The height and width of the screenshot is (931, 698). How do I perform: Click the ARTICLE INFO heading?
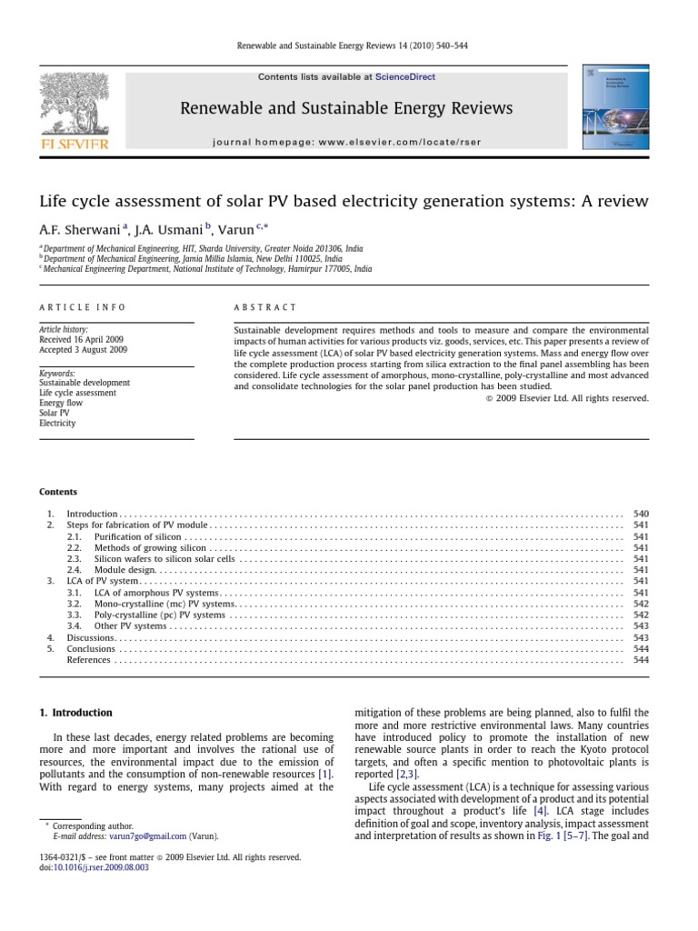click(x=82, y=308)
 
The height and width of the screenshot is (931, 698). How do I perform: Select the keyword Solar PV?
click(x=55, y=412)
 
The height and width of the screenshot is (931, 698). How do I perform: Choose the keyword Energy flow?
click(x=61, y=402)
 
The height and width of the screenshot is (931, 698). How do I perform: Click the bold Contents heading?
click(x=57, y=492)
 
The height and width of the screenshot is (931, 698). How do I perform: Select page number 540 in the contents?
click(x=641, y=515)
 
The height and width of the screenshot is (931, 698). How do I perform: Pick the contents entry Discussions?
click(x=90, y=638)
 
